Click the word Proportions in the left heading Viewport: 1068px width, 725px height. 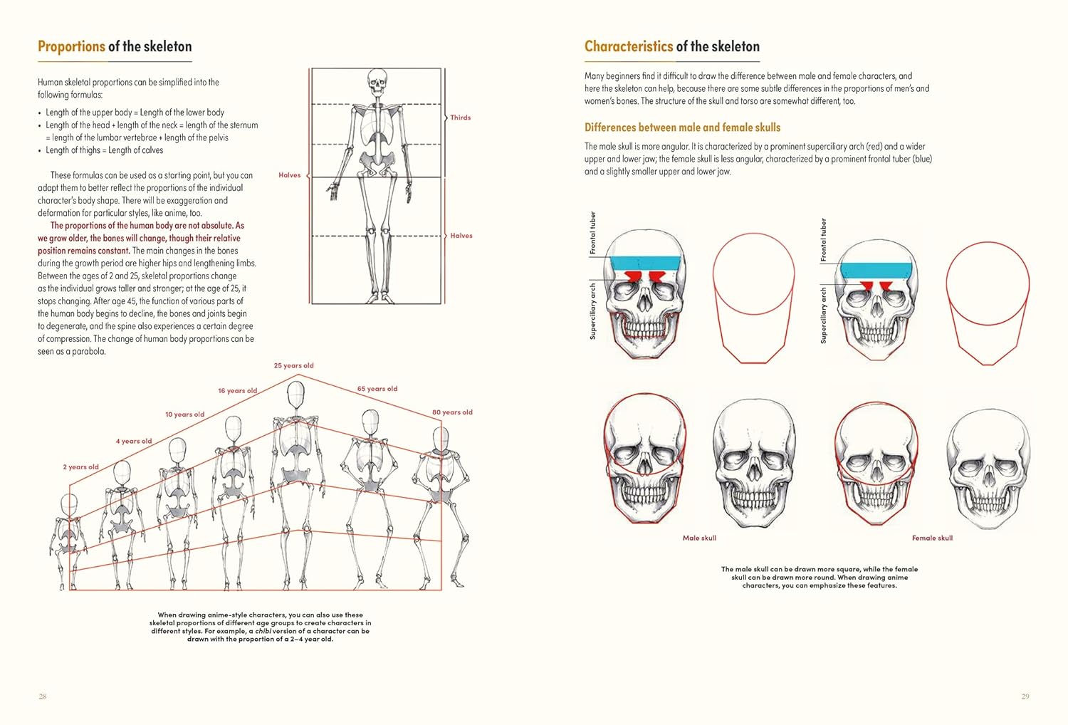click(x=71, y=46)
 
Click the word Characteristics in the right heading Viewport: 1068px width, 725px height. click(x=629, y=46)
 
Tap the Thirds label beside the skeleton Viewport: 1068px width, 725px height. click(x=461, y=118)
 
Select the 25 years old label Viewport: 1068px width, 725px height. click(x=293, y=365)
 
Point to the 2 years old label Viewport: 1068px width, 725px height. click(x=81, y=467)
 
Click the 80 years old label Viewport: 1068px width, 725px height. click(x=452, y=412)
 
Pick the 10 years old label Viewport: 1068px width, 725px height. click(x=185, y=414)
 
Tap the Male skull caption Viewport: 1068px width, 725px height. click(x=699, y=538)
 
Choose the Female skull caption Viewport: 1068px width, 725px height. click(x=933, y=538)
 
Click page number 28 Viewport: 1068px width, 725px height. click(x=43, y=697)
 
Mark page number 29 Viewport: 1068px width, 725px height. click(x=1025, y=697)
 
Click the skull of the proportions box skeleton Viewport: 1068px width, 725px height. click(x=377, y=82)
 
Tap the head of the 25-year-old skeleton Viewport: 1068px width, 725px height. click(x=296, y=395)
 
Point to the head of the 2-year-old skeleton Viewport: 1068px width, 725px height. click(x=70, y=505)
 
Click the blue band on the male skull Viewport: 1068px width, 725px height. click(x=646, y=264)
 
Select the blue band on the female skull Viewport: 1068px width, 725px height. click(x=876, y=271)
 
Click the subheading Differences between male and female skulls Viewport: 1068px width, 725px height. click(x=683, y=127)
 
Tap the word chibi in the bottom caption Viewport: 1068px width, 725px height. click(x=263, y=631)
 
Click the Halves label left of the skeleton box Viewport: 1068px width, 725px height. click(x=289, y=175)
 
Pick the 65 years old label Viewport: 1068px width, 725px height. click(x=377, y=389)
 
